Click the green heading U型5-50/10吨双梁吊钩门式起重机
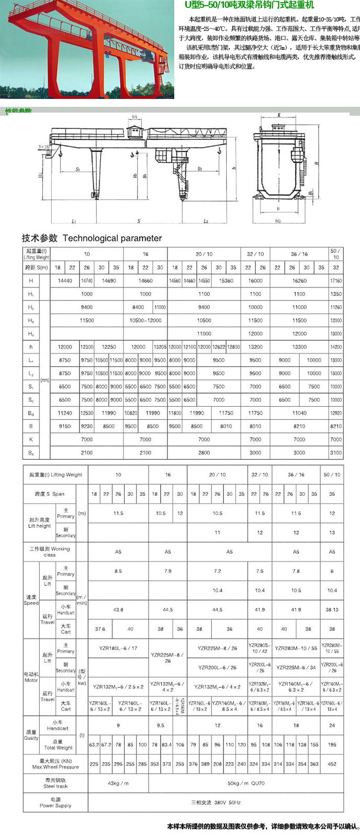pos(250,5)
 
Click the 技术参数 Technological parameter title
pos(92,238)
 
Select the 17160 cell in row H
pos(335,281)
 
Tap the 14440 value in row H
pos(65,281)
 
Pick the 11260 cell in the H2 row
pos(335,307)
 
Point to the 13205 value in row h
pos(160,347)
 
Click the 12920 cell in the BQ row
pos(335,413)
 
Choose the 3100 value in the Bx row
pos(335,453)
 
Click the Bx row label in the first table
pos(31,453)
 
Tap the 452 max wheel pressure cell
pos(332,764)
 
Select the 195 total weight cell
pos(332,744)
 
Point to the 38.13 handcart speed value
pos(332,609)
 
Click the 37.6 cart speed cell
pos(100,629)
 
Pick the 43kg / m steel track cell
pos(118,783)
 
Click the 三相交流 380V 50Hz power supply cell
pos(216,802)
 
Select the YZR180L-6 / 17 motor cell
pos(118,648)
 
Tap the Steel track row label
pos(55,783)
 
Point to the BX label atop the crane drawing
pos(135,117)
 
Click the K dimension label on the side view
pos(279,115)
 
